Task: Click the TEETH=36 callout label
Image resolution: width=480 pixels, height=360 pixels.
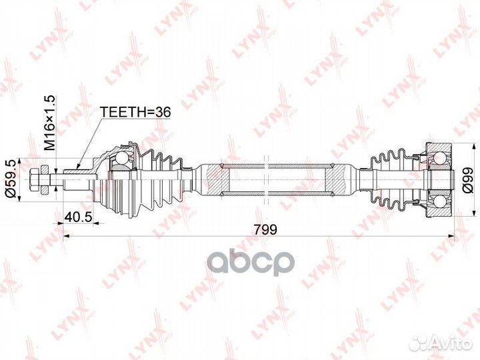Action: tap(135, 113)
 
